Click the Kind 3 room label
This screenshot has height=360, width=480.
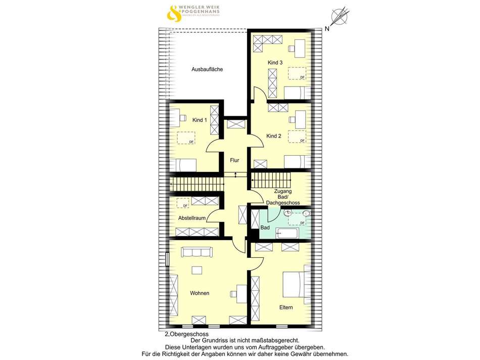point(275,62)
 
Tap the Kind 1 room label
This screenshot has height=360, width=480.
point(200,120)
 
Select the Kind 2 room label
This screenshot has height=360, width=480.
point(274,136)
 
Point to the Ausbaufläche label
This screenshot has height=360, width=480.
point(207,69)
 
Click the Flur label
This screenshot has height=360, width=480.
point(234,160)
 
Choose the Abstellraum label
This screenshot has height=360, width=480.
point(191,218)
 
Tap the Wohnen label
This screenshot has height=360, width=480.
point(200,293)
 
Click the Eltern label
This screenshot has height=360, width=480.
point(286,307)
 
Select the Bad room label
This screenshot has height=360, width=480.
point(265,228)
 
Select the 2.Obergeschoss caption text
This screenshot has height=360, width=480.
point(186,334)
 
